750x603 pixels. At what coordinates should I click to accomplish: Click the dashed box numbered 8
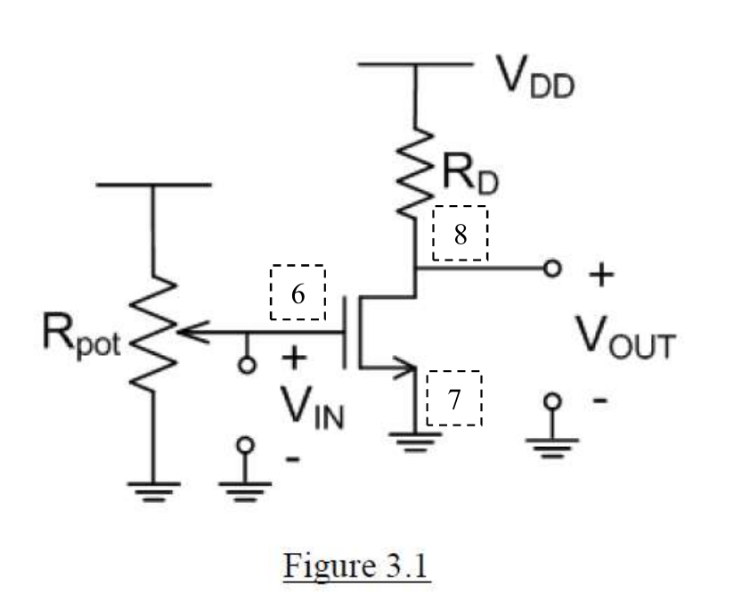point(460,234)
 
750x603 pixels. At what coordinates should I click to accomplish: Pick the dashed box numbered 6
point(298,292)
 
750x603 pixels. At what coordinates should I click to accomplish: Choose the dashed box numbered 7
point(454,398)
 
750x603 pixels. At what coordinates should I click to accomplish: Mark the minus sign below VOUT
point(600,401)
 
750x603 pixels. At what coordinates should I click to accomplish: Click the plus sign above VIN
point(293,359)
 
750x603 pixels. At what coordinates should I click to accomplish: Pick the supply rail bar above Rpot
point(152,185)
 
